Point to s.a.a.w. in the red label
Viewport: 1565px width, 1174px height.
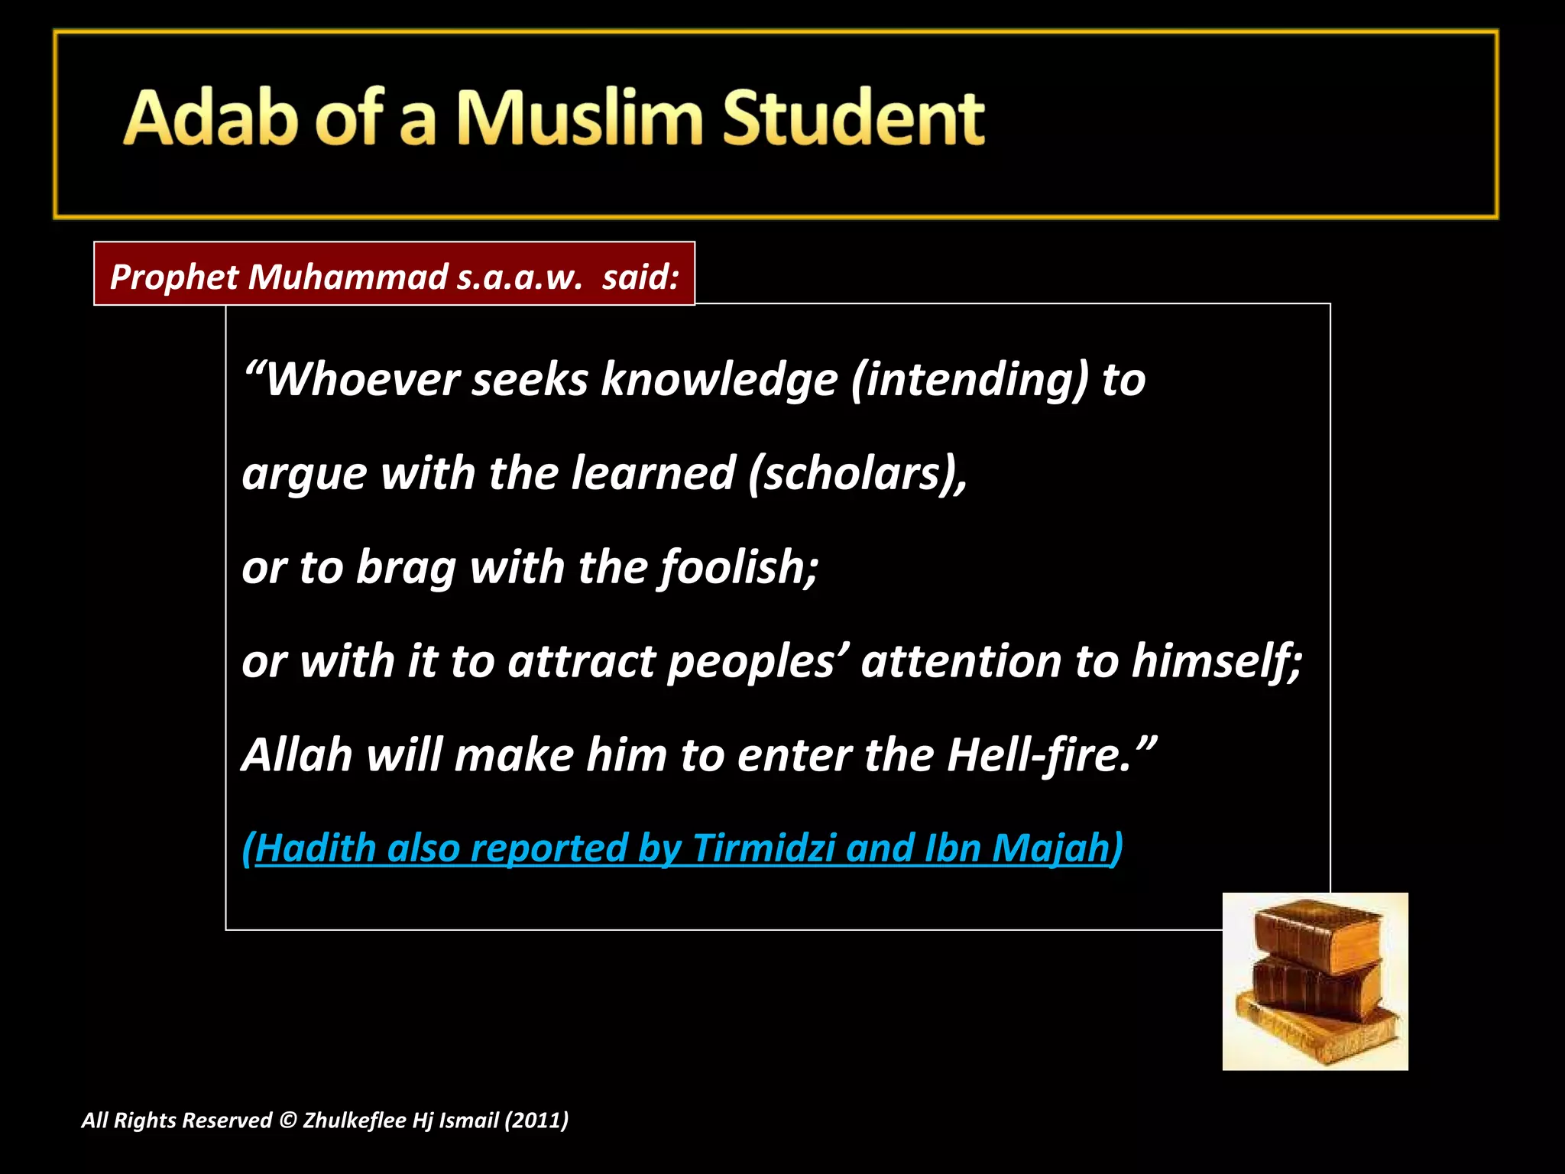[x=520, y=276]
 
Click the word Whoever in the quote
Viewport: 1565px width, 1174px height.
[x=362, y=379]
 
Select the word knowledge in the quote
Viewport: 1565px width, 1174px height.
[x=719, y=379]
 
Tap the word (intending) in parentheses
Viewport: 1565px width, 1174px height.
[x=969, y=379]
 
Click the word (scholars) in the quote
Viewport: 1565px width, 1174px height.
[x=856, y=473]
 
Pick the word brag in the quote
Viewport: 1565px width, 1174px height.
[x=406, y=567]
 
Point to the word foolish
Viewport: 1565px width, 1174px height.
[x=738, y=567]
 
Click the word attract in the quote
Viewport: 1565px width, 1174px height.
[x=582, y=660]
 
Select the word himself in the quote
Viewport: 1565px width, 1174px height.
[x=1215, y=660]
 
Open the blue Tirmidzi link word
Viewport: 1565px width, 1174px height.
[x=763, y=848]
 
